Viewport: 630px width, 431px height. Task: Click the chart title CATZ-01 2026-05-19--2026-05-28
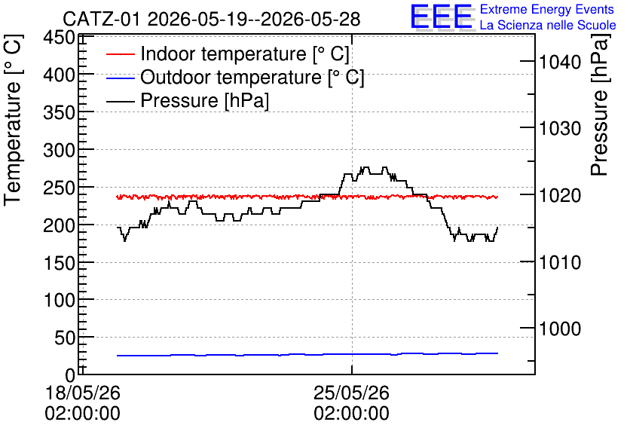click(x=211, y=20)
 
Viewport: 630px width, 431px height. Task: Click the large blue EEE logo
click(x=441, y=17)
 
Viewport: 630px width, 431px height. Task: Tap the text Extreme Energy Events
click(x=547, y=9)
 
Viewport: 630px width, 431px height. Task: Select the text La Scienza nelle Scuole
click(x=548, y=25)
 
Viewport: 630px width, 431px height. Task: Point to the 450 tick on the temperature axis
click(x=60, y=38)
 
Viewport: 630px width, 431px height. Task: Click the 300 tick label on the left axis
click(x=60, y=151)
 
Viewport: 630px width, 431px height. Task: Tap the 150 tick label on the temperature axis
click(x=60, y=264)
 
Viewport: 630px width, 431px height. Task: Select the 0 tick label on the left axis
click(x=70, y=376)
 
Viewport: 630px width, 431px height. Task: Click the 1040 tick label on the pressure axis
click(x=560, y=63)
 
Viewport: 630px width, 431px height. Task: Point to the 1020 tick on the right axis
click(x=560, y=196)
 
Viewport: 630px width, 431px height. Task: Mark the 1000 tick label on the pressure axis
click(x=560, y=329)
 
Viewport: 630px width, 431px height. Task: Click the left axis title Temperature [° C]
click(x=13, y=121)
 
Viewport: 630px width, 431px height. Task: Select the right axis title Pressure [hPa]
click(x=600, y=105)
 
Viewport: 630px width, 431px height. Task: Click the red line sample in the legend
click(x=120, y=54)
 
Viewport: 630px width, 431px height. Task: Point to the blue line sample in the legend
click(x=120, y=78)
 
